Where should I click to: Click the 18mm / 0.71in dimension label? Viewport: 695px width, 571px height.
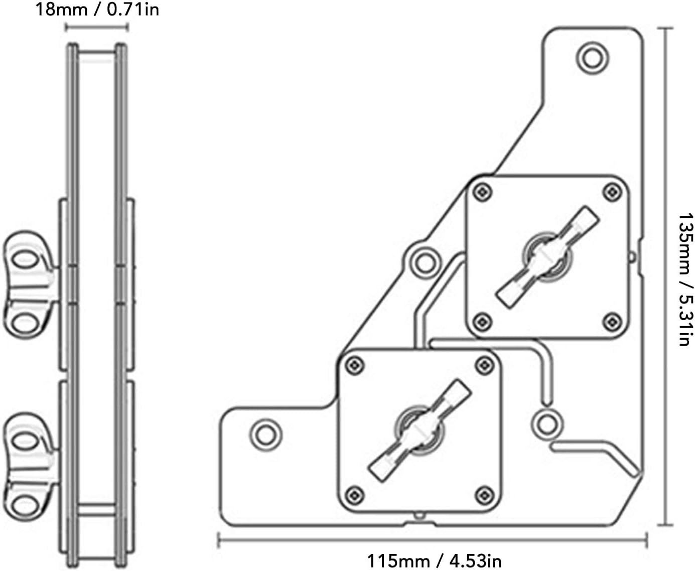pyautogui.click(x=97, y=10)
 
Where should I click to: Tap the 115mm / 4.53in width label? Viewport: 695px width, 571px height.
pyautogui.click(x=435, y=560)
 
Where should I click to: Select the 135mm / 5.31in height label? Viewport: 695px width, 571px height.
pyautogui.click(x=686, y=279)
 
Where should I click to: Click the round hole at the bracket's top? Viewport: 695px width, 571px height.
pyautogui.click(x=593, y=58)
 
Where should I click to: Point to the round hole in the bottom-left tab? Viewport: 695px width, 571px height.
pyautogui.click(x=266, y=435)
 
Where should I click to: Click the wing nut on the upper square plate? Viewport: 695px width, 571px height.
pyautogui.click(x=547, y=257)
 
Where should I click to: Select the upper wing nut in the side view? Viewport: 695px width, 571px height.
pyautogui.click(x=31, y=285)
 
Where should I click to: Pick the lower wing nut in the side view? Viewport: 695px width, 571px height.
pyautogui.click(x=31, y=467)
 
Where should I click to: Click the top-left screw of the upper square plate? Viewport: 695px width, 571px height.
pyautogui.click(x=482, y=192)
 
